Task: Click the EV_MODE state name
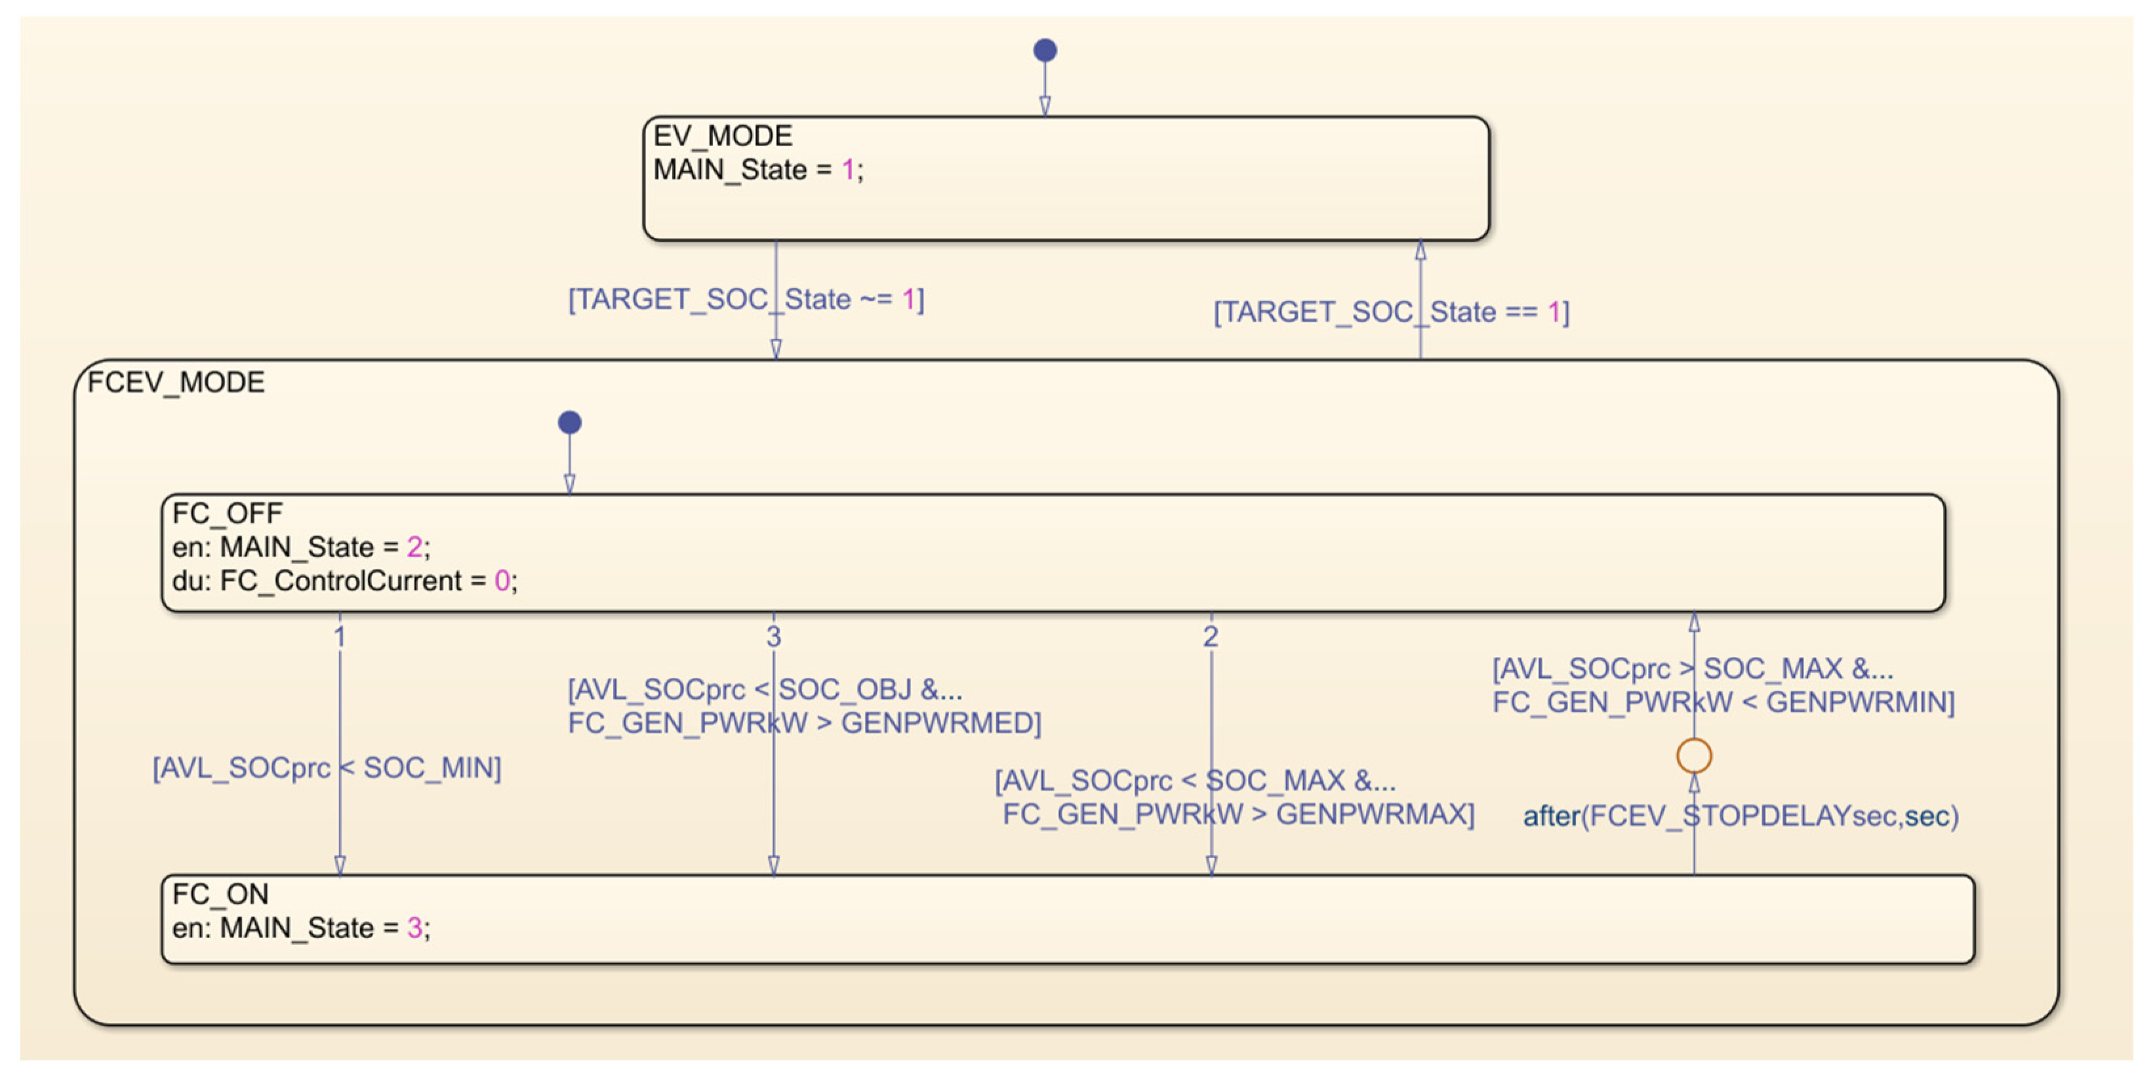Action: (x=722, y=136)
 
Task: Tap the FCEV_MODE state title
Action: (x=176, y=382)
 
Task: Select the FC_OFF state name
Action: (x=227, y=513)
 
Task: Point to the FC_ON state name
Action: (x=220, y=894)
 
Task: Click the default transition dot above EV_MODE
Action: (x=1045, y=50)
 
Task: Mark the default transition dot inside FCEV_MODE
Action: (x=570, y=422)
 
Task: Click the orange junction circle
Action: (x=1694, y=755)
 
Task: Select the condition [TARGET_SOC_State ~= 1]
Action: (x=746, y=300)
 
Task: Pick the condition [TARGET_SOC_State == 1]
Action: (x=1391, y=312)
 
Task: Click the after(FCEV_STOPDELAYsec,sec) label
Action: (x=1740, y=815)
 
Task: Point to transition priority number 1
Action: (x=340, y=637)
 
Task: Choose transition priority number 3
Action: (x=774, y=637)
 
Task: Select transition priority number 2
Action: (x=1211, y=637)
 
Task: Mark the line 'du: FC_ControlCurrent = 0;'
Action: (x=345, y=581)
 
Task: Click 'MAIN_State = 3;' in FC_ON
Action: (x=325, y=928)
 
